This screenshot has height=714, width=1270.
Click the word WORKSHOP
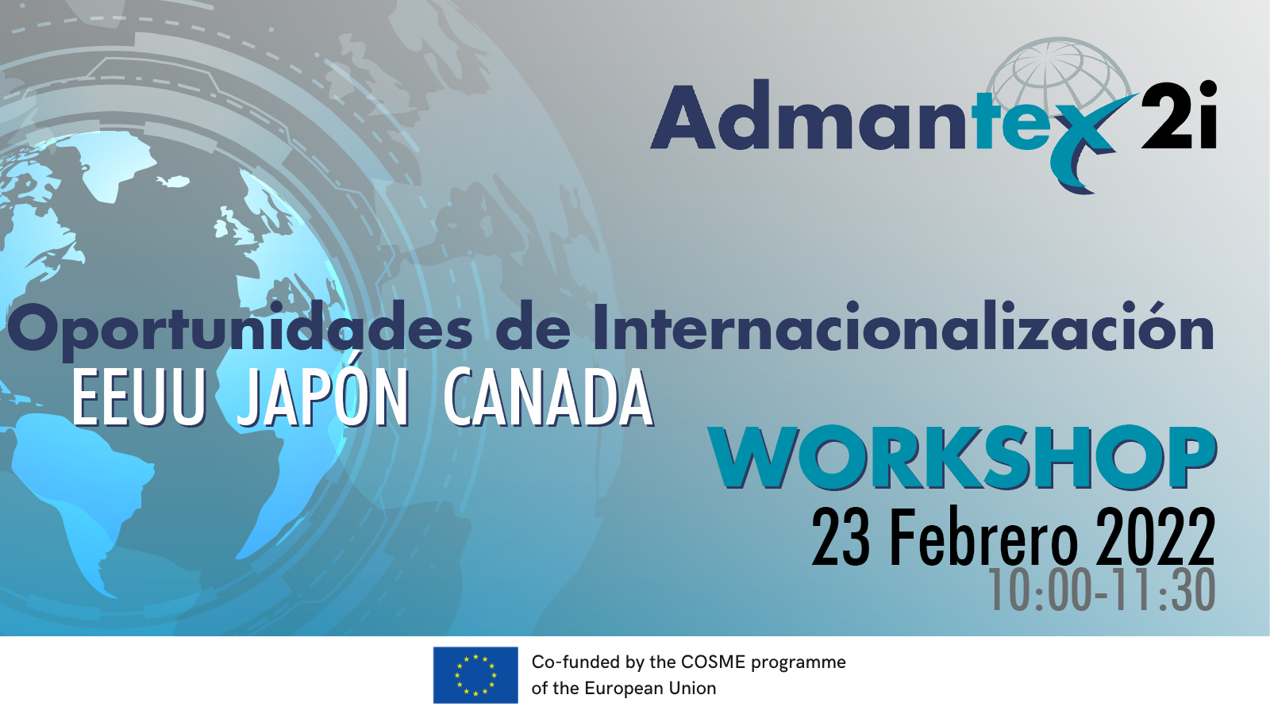click(964, 458)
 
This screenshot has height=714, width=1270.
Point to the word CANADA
click(548, 397)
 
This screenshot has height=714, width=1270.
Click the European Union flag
click(475, 675)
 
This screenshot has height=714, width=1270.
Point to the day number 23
click(841, 537)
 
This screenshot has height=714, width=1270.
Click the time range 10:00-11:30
click(1103, 590)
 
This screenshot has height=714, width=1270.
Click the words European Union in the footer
click(650, 689)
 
